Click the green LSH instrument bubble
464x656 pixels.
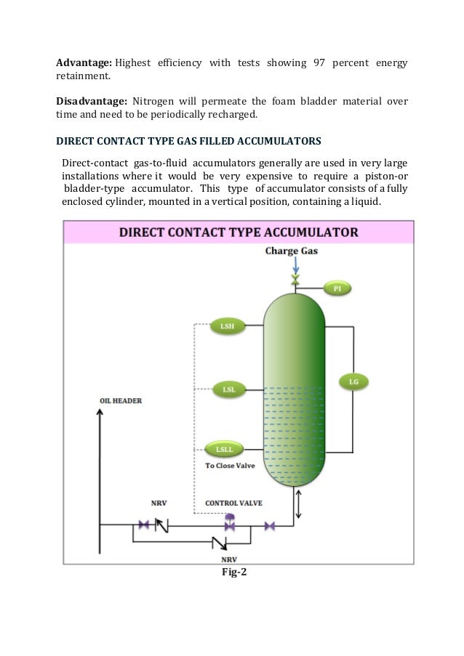pyautogui.click(x=227, y=327)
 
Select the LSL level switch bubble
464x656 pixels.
pyautogui.click(x=228, y=389)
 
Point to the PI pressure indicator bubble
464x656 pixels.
pyautogui.click(x=337, y=289)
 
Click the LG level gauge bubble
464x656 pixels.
pyautogui.click(x=354, y=381)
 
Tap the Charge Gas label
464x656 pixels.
pyautogui.click(x=292, y=252)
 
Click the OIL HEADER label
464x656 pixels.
pyautogui.click(x=121, y=401)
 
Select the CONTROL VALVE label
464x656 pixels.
pyautogui.click(x=233, y=503)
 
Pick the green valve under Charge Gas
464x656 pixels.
pyautogui.click(x=295, y=280)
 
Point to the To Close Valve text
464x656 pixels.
pyautogui.click(x=230, y=466)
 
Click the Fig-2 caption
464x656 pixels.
pyautogui.click(x=234, y=572)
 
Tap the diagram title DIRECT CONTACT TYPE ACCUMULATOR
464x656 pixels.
pyautogui.click(x=239, y=232)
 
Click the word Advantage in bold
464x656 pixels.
pyautogui.click(x=84, y=63)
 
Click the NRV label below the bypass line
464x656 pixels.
pyautogui.click(x=229, y=559)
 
